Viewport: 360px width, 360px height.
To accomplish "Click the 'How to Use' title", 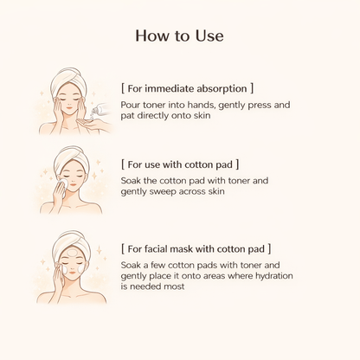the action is (179, 35).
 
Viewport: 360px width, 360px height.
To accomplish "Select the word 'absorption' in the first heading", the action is (222, 89).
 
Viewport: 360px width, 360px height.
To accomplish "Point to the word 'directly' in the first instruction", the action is (152, 116).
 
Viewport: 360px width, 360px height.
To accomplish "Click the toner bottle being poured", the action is (99, 109).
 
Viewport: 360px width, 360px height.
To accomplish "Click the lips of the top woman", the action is (69, 107).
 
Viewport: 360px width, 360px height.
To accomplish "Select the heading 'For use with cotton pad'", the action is (180, 164).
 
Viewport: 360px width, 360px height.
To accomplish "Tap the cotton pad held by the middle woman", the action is (62, 183).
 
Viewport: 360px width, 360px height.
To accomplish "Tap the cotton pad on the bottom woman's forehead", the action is (72, 253).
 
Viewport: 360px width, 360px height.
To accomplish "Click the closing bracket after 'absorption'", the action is (252, 88).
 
